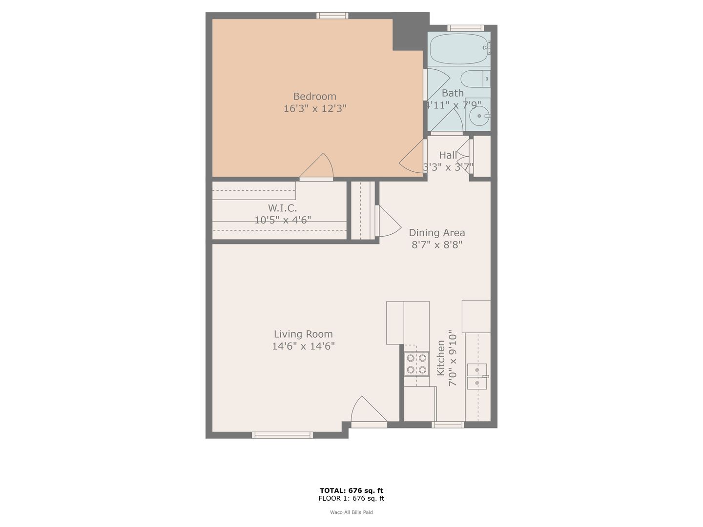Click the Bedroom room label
coord(314,96)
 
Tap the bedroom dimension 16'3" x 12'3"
coord(315,108)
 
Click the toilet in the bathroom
coord(475,79)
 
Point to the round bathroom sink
coord(479,116)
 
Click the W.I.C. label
coord(282,208)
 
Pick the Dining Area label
coord(436,233)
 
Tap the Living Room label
coord(303,334)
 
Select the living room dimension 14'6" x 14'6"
coord(303,346)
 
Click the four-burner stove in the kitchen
coord(416,364)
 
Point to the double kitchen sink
coord(477,376)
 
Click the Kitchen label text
coord(441,358)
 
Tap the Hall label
coord(448,155)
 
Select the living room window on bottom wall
coord(282,435)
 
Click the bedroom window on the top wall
coord(332,16)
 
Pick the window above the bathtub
coord(466,28)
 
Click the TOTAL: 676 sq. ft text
coord(351,490)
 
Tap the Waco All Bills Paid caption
coord(351,512)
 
